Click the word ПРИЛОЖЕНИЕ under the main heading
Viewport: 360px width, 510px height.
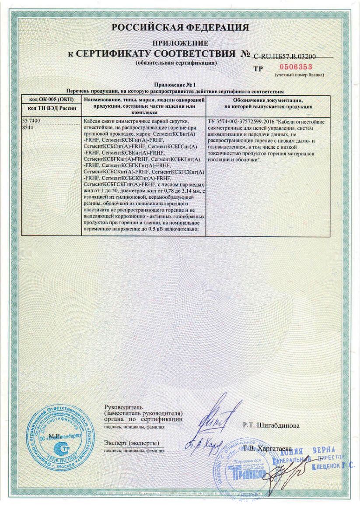click(x=180, y=43)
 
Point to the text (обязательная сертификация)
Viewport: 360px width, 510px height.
click(x=176, y=63)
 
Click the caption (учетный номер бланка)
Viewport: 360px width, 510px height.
click(x=299, y=75)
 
